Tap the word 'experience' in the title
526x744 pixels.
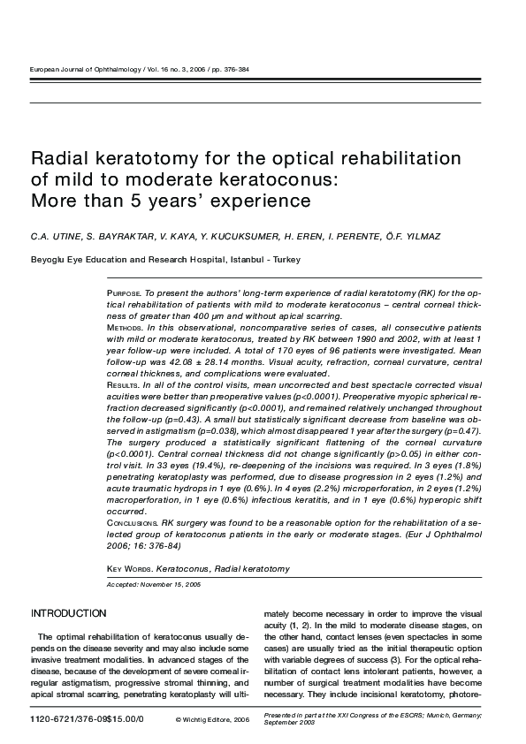(256, 201)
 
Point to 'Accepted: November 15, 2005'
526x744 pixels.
(153, 585)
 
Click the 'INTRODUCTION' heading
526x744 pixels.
(69, 613)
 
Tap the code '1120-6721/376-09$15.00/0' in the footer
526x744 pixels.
(88, 720)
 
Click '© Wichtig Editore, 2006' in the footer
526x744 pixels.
(213, 721)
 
